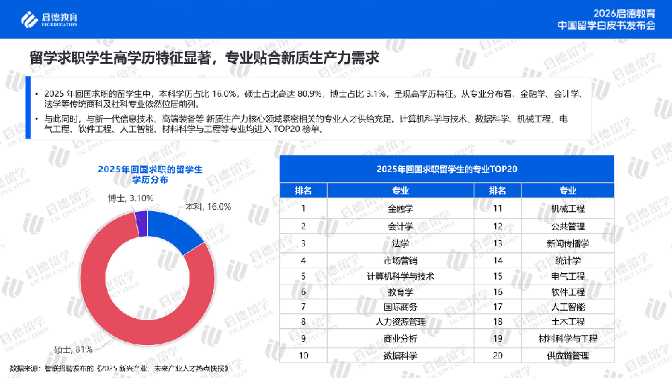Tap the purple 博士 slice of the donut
coord(141,223)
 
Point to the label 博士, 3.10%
coord(131,198)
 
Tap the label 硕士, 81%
coord(73,348)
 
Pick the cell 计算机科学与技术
coord(401,276)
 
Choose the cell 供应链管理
coord(568,355)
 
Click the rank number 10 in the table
coord(304,355)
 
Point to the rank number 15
coord(498,276)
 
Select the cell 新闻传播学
coord(568,242)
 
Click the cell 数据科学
coord(401,355)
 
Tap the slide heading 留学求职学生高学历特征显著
coord(121,59)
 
